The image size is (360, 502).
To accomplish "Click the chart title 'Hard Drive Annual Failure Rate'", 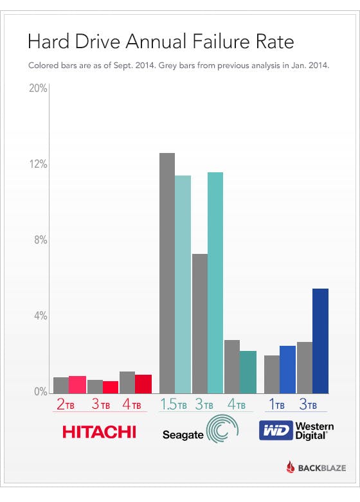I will (x=160, y=42).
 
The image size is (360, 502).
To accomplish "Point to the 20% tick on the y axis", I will (x=39, y=88).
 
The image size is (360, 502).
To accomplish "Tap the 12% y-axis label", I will (x=39, y=165).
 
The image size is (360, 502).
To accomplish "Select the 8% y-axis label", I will (x=40, y=240).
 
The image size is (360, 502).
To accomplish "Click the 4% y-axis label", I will (x=40, y=316).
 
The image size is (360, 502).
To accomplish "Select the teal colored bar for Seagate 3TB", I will (x=215, y=282).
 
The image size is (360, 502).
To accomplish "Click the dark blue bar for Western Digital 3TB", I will (x=320, y=341).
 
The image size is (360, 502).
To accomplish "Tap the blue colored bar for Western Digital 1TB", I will (x=287, y=369).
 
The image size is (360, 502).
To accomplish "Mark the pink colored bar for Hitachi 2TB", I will (x=77, y=384).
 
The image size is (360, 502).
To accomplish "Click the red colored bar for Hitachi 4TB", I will (x=143, y=383).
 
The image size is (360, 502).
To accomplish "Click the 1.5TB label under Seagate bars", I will (x=173, y=405).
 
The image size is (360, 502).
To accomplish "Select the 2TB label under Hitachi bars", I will (x=70, y=405).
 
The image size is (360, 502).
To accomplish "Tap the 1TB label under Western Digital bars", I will (x=278, y=405).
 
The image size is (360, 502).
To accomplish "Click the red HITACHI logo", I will (x=99, y=431).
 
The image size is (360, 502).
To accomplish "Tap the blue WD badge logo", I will (x=274, y=431).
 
